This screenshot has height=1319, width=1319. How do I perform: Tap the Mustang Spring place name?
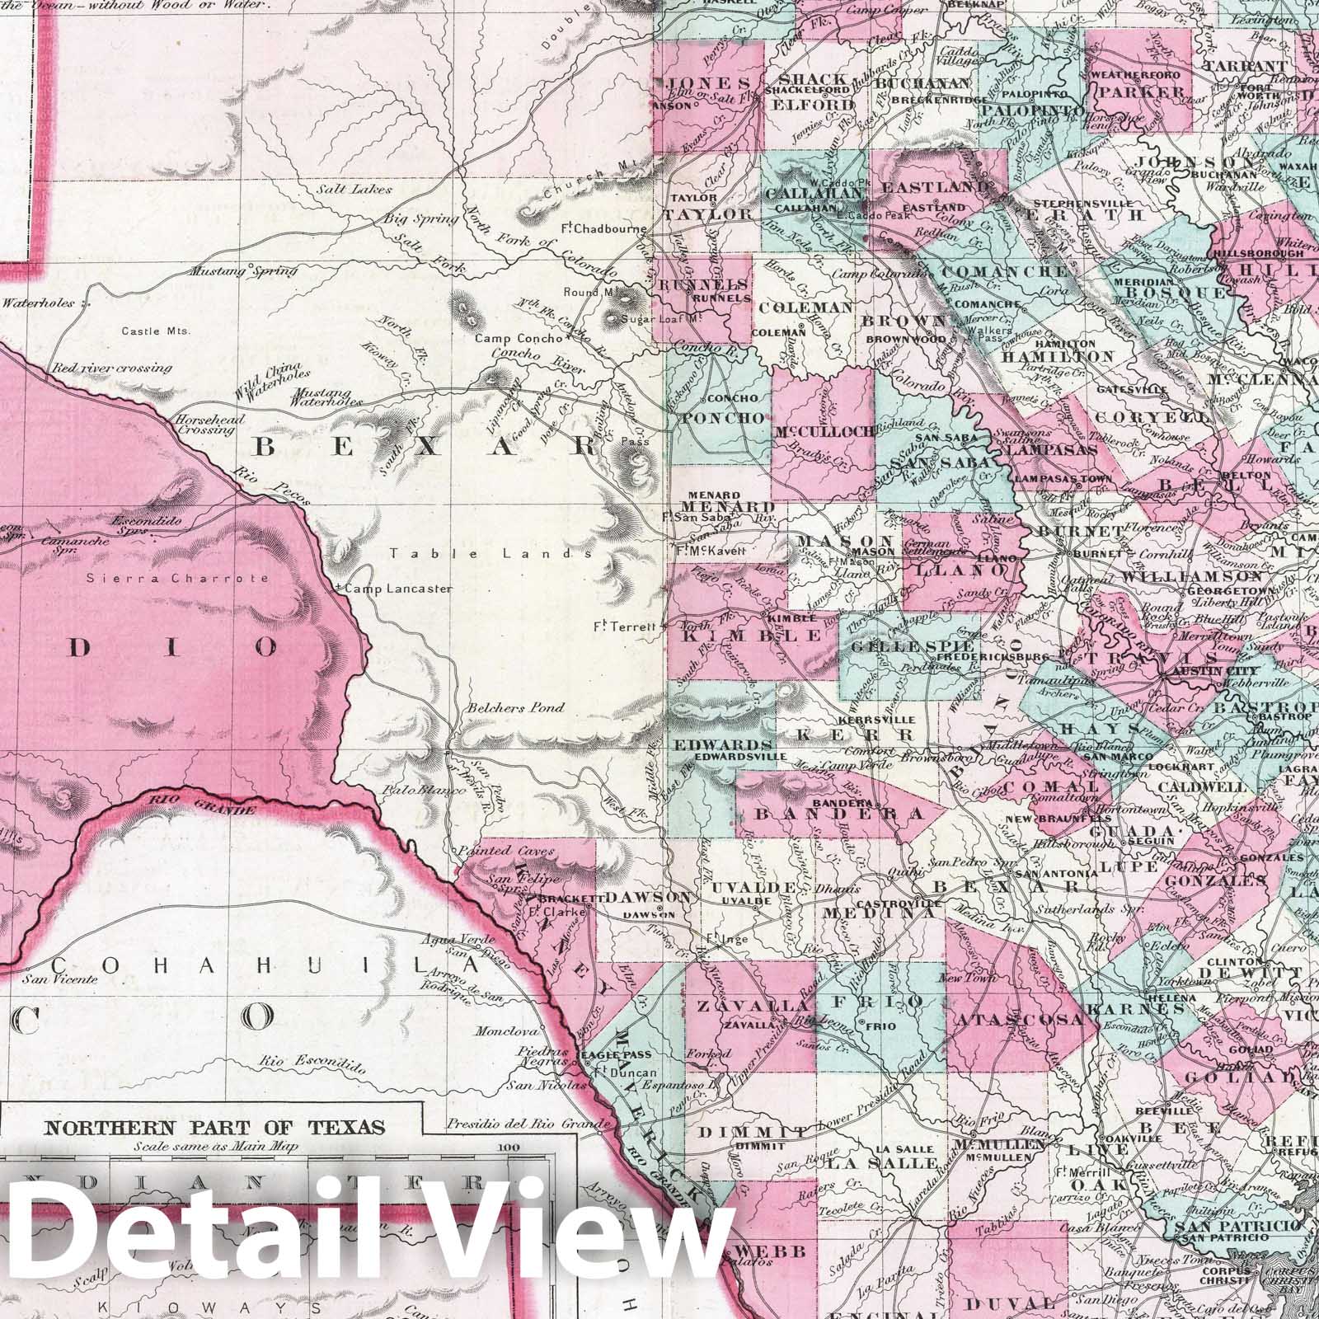pyautogui.click(x=219, y=270)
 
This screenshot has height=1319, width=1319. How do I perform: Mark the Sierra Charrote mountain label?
pyautogui.click(x=178, y=578)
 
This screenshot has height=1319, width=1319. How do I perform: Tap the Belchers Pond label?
pyautogui.click(x=516, y=707)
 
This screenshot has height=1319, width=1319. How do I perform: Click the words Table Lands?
pyautogui.click(x=492, y=554)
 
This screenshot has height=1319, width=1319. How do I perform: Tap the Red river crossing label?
pyautogui.click(x=111, y=368)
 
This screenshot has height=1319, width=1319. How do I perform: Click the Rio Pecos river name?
pyautogui.click(x=261, y=486)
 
